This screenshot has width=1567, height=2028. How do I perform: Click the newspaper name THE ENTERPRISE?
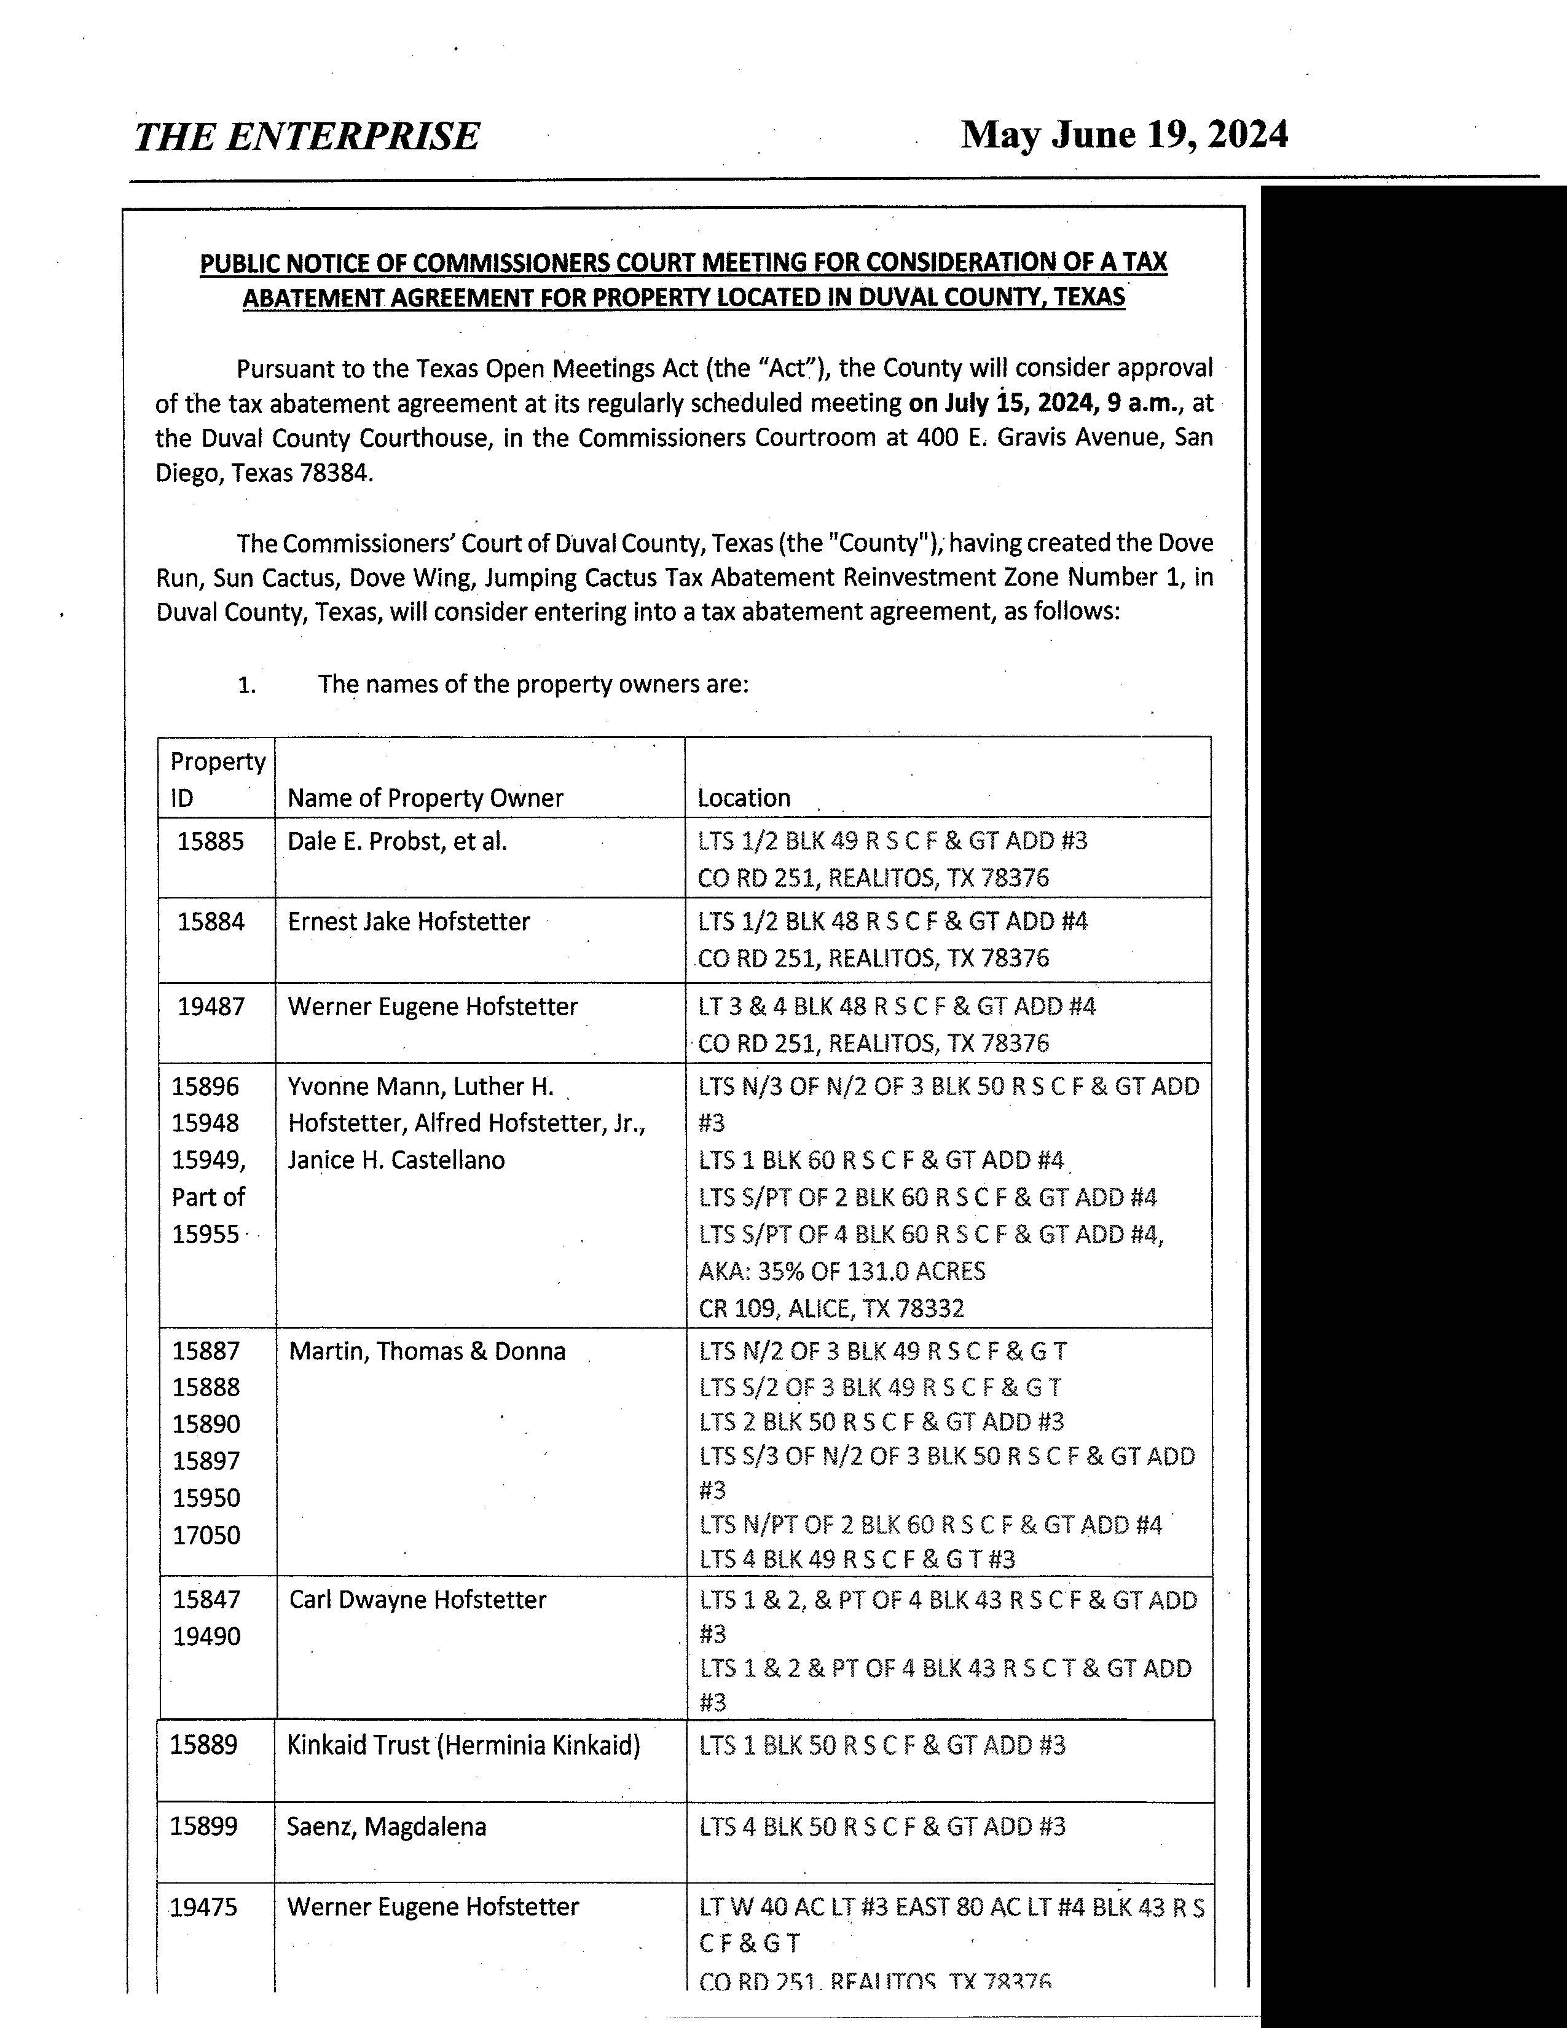pyautogui.click(x=307, y=136)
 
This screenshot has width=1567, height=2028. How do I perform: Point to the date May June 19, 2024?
pyautogui.click(x=1124, y=135)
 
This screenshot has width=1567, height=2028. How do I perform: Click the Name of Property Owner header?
pyautogui.click(x=425, y=798)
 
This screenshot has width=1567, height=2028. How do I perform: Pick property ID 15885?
pyautogui.click(x=211, y=841)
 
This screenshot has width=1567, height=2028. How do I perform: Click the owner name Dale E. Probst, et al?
pyautogui.click(x=398, y=841)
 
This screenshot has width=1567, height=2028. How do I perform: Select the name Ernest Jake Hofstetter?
pyautogui.click(x=409, y=921)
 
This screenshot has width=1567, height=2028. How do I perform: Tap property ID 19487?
pyautogui.click(x=211, y=1007)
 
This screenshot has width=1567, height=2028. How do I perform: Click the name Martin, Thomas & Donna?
pyautogui.click(x=427, y=1351)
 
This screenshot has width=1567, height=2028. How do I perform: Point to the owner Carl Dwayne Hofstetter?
pyautogui.click(x=418, y=1599)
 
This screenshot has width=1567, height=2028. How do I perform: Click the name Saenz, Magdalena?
pyautogui.click(x=386, y=1826)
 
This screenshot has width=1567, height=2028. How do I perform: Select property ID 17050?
pyautogui.click(x=206, y=1535)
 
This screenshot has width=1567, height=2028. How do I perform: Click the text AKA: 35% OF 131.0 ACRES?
pyautogui.click(x=842, y=1271)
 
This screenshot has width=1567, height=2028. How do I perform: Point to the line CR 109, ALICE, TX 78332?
pyautogui.click(x=831, y=1308)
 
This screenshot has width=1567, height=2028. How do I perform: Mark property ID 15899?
pyautogui.click(x=203, y=1826)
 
